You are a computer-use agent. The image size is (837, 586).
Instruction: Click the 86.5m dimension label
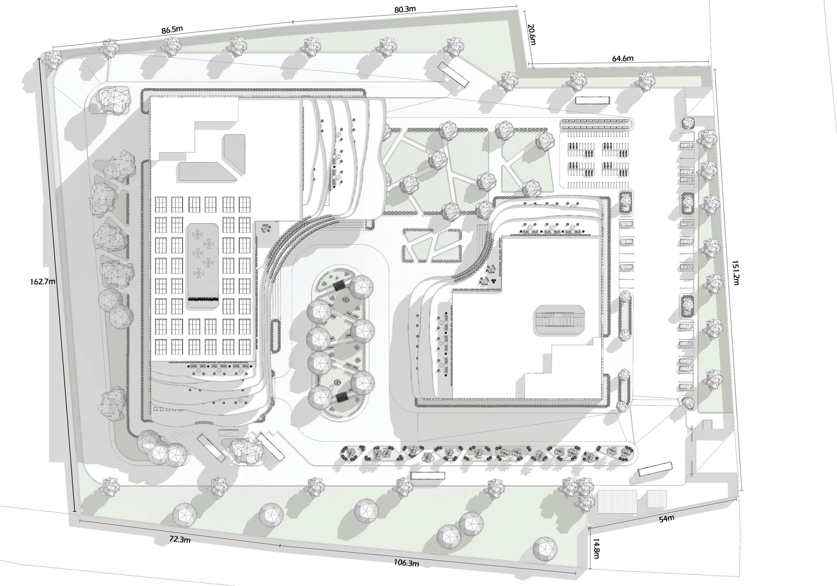click(172, 29)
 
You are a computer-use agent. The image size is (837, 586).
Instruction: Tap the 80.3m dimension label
click(405, 9)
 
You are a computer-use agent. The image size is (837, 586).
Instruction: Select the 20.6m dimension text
click(532, 35)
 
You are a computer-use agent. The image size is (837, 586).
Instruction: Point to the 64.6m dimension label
click(622, 58)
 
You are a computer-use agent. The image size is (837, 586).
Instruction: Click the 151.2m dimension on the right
click(735, 272)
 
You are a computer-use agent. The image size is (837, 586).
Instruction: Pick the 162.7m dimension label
click(43, 281)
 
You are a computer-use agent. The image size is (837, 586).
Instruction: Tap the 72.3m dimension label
click(180, 539)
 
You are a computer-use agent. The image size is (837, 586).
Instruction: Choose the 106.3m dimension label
click(406, 563)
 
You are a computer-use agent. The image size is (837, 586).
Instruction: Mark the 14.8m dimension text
click(596, 548)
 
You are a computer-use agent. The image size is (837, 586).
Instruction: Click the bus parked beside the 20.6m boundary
click(453, 75)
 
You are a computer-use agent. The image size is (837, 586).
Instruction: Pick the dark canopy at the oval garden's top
click(339, 285)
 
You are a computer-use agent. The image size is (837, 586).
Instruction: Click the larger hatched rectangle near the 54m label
click(617, 502)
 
